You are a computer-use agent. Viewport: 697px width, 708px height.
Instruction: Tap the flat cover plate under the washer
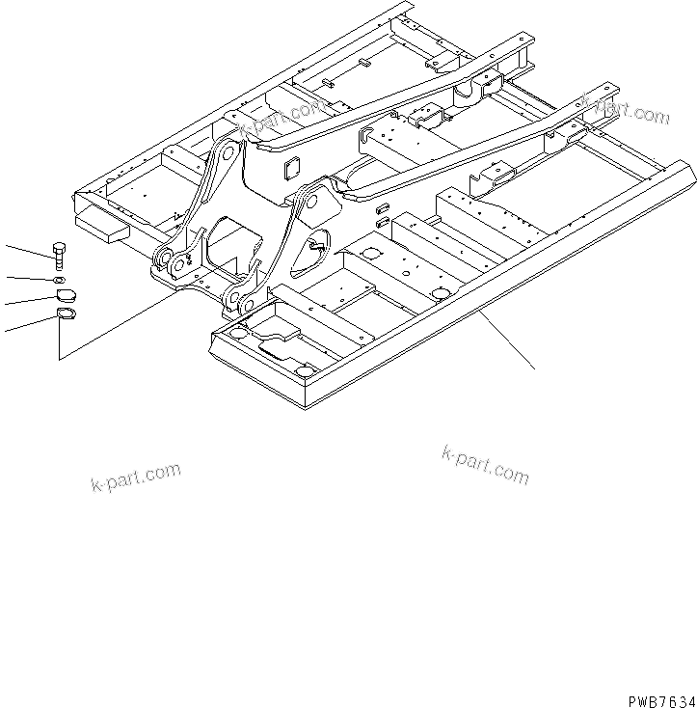point(64,296)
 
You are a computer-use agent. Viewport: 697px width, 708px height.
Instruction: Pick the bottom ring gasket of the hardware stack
point(66,313)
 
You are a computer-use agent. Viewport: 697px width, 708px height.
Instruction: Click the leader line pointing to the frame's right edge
point(505,338)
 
